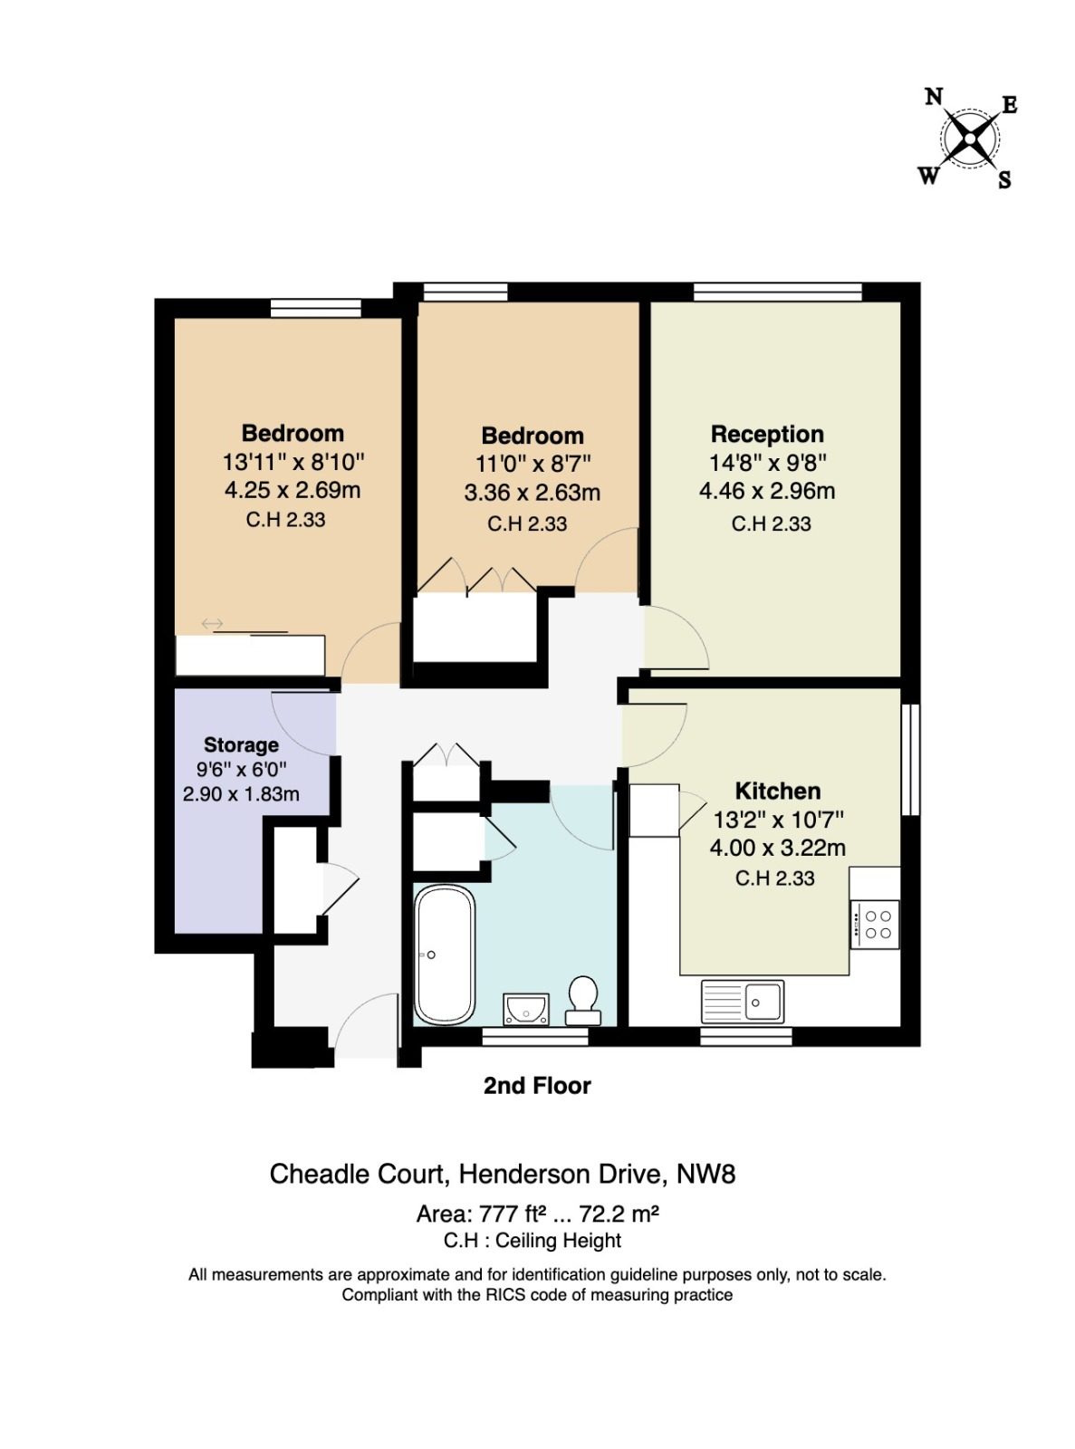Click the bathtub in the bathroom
(x=445, y=955)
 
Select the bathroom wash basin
(x=525, y=1009)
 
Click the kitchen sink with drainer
(x=742, y=1002)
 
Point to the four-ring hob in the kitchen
(x=874, y=925)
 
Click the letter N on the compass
(x=934, y=97)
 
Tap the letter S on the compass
(x=1004, y=179)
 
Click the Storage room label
(x=241, y=744)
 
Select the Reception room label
(x=767, y=435)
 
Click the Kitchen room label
(x=778, y=792)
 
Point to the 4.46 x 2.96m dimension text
(x=766, y=491)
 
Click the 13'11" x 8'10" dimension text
(x=293, y=462)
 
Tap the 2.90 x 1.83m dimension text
(x=241, y=794)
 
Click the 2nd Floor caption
(x=537, y=1086)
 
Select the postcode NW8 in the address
(x=705, y=1174)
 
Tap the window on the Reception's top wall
(x=778, y=292)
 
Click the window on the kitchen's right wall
(x=911, y=759)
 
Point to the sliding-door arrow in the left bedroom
(x=212, y=624)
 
